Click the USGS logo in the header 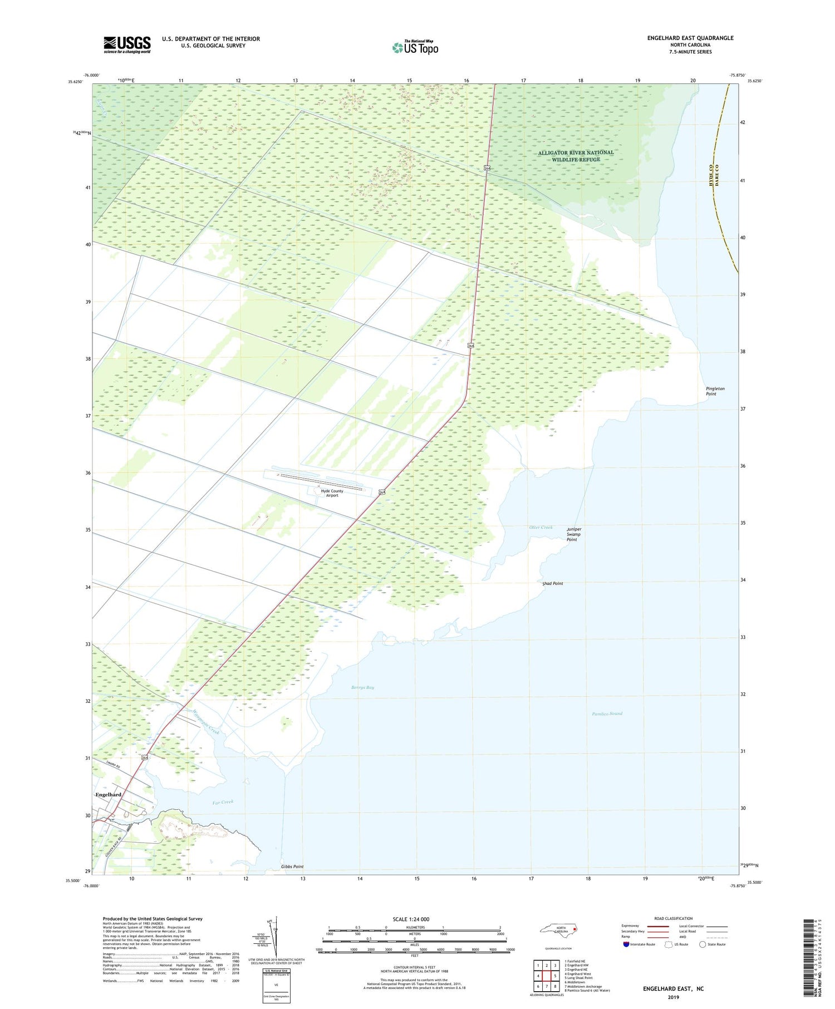point(127,45)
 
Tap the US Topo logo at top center point(415,47)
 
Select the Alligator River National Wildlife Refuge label point(576,156)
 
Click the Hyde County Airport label point(332,493)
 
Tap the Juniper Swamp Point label point(574,534)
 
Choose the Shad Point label point(552,583)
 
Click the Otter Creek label point(541,527)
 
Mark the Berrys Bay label point(362,687)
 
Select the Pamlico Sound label point(607,713)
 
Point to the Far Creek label point(223,802)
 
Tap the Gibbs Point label point(292,867)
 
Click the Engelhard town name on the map point(109,795)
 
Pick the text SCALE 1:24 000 point(411,919)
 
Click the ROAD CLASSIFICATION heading point(673,918)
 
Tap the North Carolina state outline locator point(559,929)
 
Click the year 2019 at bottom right point(673,997)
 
